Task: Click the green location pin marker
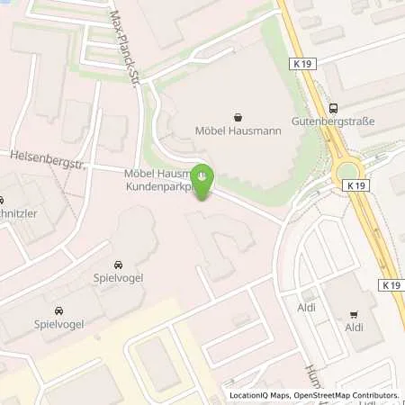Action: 203,176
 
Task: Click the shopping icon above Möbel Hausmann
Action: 238,117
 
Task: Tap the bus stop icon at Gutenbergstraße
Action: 333,105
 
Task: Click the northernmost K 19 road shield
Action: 303,64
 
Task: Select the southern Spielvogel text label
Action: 57,321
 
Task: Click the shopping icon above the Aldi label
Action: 353,314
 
